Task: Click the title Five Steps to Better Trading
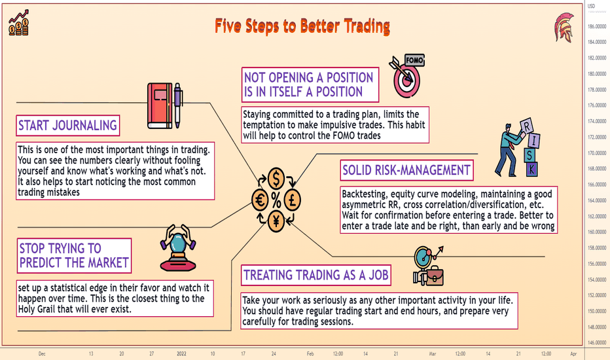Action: click(302, 26)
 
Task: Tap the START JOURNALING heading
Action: click(67, 125)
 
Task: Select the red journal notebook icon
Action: click(160, 105)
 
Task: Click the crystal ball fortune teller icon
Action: click(178, 248)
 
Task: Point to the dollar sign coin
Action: click(276, 179)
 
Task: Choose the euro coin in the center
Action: click(260, 200)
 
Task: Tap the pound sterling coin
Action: click(292, 200)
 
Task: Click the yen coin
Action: click(276, 221)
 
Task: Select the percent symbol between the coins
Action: click(276, 200)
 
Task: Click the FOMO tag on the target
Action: click(414, 60)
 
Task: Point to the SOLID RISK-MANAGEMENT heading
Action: click(406, 170)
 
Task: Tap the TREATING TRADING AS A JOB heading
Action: click(316, 275)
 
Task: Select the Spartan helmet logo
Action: click(564, 27)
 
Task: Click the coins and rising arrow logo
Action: click(19, 23)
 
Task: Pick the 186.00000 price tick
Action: click(597, 26)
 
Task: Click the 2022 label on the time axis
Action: click(182, 353)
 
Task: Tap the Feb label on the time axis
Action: click(310, 353)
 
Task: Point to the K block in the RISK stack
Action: click(532, 170)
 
